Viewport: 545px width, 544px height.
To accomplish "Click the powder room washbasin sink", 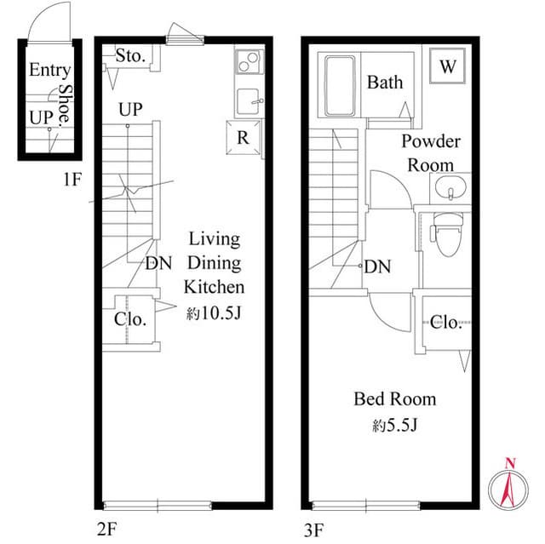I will (448, 186).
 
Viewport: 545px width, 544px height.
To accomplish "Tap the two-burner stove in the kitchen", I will (249, 63).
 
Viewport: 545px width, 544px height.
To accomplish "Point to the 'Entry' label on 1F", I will (49, 71).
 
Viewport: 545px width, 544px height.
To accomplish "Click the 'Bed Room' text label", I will (395, 398).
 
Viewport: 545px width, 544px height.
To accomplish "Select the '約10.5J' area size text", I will (215, 313).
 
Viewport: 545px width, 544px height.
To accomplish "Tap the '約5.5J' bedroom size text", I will (394, 425).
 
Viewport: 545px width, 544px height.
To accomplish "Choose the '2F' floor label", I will (106, 530).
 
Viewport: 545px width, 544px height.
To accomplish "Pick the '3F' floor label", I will (313, 530).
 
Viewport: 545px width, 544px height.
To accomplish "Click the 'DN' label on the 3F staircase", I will (377, 267).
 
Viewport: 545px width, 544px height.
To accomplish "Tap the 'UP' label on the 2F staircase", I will (130, 109).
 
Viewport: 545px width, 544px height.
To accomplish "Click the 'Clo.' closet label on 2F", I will (130, 320).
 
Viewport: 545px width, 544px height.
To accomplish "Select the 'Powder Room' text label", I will (431, 153).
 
